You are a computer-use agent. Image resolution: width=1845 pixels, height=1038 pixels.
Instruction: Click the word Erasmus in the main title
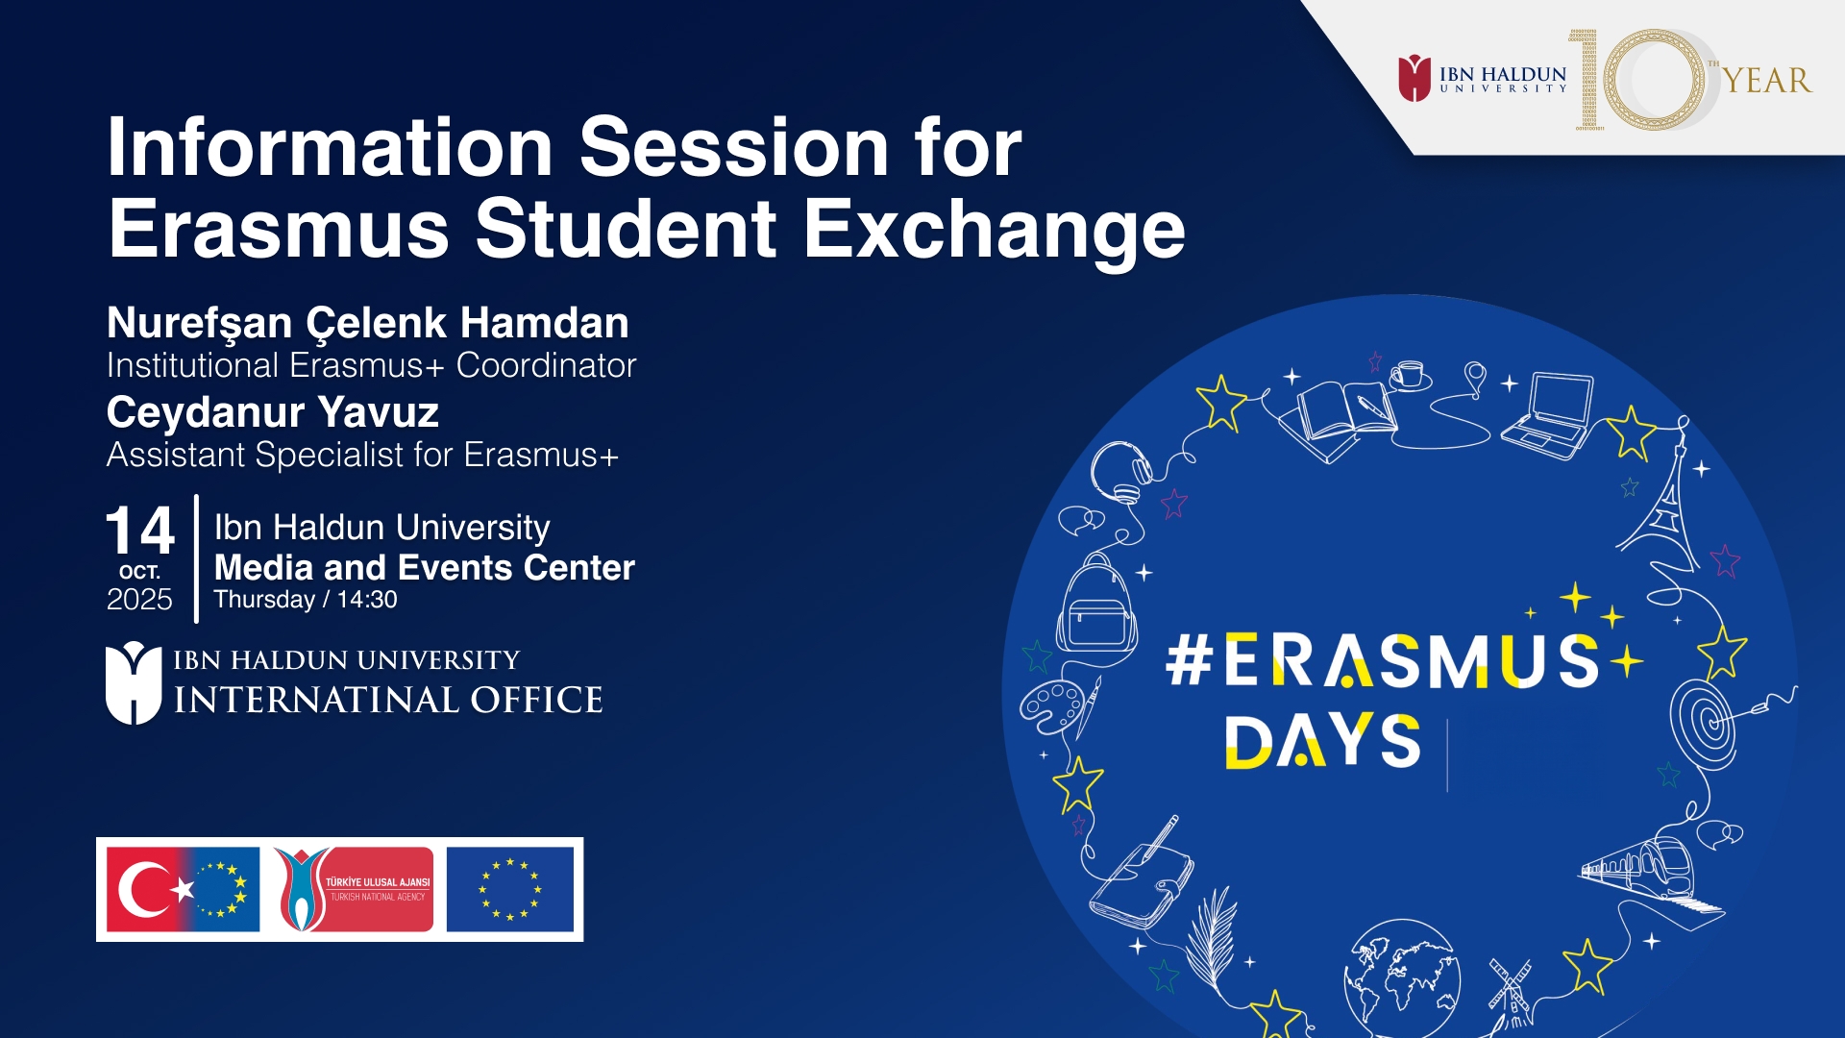(279, 229)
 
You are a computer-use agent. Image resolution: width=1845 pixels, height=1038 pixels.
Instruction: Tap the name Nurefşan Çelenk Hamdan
(368, 324)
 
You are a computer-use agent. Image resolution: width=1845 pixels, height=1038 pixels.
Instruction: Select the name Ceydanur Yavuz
(273, 413)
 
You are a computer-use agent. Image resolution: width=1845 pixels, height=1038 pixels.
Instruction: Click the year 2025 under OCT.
(139, 599)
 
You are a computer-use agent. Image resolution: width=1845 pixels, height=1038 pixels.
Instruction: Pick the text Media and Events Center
(425, 567)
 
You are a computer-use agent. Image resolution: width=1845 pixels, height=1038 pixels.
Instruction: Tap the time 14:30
(367, 600)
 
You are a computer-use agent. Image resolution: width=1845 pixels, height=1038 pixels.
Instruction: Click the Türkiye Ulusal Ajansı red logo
(354, 889)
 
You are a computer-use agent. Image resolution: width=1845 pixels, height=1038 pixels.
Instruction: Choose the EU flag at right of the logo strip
(510, 889)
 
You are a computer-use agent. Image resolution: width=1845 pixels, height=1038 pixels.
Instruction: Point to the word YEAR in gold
(1766, 81)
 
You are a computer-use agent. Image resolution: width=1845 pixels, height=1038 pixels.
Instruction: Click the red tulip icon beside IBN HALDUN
(1414, 78)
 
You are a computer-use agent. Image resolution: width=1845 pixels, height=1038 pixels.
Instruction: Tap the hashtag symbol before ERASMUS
(1189, 660)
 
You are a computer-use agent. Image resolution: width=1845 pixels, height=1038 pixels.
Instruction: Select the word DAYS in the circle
(1322, 741)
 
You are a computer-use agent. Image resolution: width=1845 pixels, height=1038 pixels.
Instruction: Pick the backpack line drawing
(1096, 604)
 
